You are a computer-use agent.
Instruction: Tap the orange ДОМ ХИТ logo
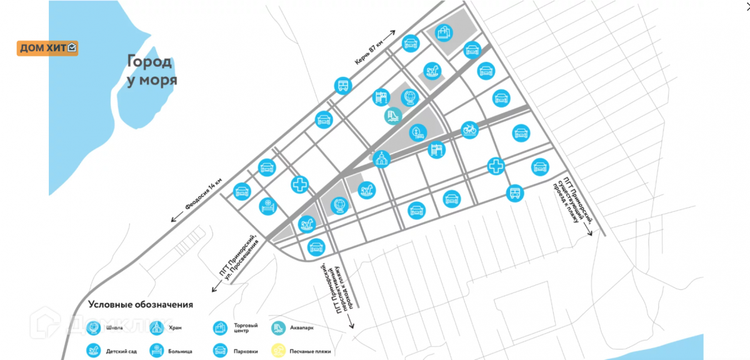(x=47, y=48)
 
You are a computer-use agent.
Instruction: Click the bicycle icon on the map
(x=469, y=129)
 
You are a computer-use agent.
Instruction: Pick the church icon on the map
(x=381, y=159)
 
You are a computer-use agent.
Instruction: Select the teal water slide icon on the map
(x=393, y=116)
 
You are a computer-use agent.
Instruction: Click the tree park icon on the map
(x=416, y=132)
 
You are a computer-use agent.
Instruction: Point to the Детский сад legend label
(x=122, y=352)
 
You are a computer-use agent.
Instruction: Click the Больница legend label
(x=181, y=352)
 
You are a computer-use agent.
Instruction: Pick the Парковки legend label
(x=247, y=352)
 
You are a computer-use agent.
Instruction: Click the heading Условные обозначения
(x=141, y=305)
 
